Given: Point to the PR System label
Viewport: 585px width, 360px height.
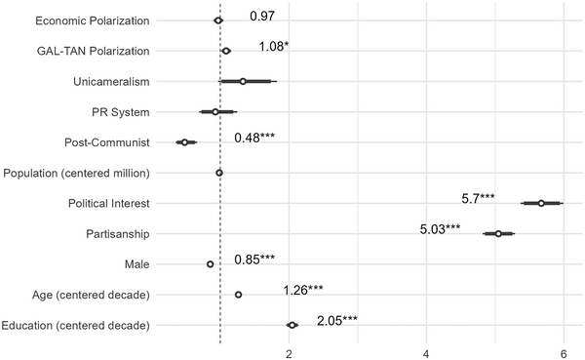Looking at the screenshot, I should pyautogui.click(x=122, y=112).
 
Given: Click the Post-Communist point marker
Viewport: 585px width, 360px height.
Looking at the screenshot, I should pyautogui.click(x=184, y=142).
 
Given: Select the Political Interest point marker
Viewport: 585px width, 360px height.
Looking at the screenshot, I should pyautogui.click(x=541, y=203).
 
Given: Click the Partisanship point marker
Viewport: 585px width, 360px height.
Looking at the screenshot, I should pyautogui.click(x=498, y=234).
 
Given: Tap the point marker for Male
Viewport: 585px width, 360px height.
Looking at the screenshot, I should pyautogui.click(x=210, y=264).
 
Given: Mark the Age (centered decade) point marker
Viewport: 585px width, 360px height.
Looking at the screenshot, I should pyautogui.click(x=238, y=295).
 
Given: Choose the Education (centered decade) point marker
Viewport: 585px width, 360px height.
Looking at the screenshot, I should pyautogui.click(x=292, y=325).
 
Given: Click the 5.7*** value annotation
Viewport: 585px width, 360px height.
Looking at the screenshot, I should pyautogui.click(x=478, y=198).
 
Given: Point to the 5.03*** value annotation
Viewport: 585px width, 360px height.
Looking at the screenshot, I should pyautogui.click(x=439, y=229).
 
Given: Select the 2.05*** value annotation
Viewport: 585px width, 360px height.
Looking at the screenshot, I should pyautogui.click(x=337, y=320).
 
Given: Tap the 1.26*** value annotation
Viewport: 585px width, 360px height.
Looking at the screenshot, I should pyautogui.click(x=303, y=290).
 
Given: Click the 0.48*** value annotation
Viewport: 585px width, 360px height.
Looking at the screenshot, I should pyautogui.click(x=254, y=138).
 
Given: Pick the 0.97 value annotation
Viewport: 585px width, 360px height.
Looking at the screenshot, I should pyautogui.click(x=261, y=17).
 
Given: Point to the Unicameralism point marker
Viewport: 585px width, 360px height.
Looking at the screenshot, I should pyautogui.click(x=243, y=82).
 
